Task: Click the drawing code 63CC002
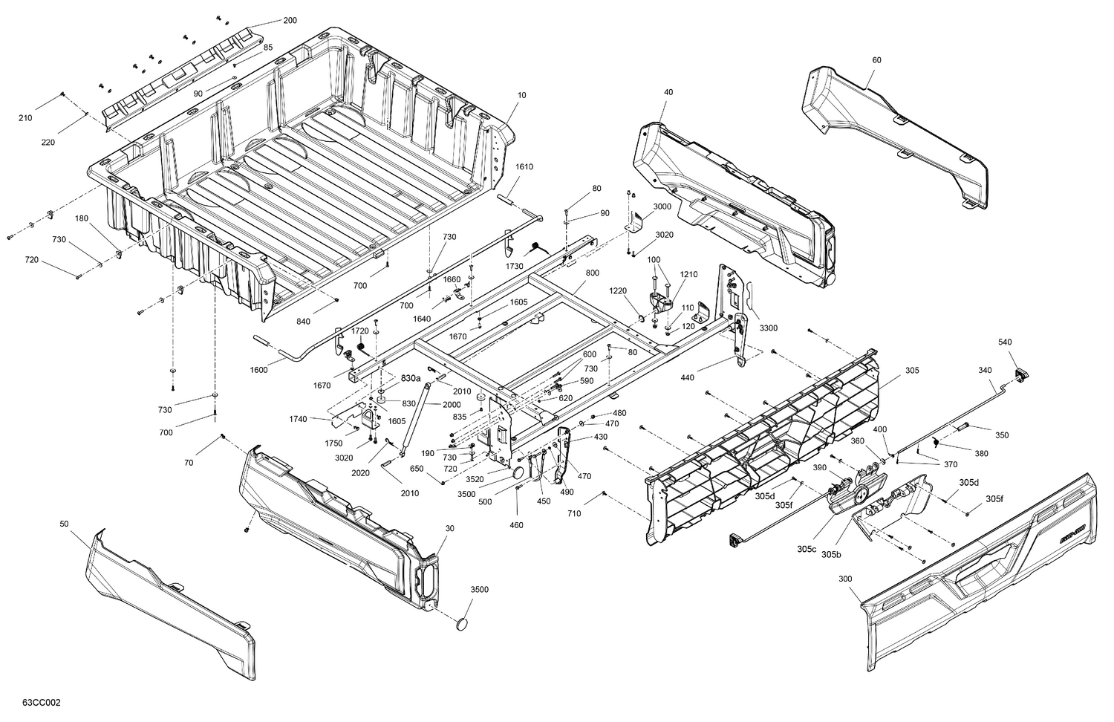pyautogui.click(x=42, y=702)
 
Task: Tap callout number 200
pyautogui.click(x=290, y=20)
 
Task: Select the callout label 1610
pyautogui.click(x=524, y=167)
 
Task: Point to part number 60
pyautogui.click(x=876, y=60)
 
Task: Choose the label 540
pyautogui.click(x=1005, y=342)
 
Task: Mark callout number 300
pyautogui.click(x=845, y=578)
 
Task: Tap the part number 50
pyautogui.click(x=65, y=524)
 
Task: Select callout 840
pyautogui.click(x=303, y=322)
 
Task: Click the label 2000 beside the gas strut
pyautogui.click(x=452, y=405)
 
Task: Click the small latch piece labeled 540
pyautogui.click(x=1020, y=374)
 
